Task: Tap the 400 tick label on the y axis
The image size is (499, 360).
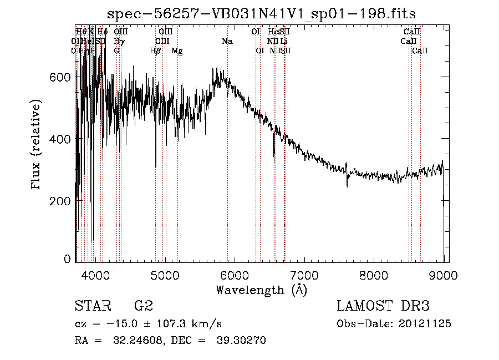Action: tap(62, 139)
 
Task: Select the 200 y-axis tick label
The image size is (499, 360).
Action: tap(62, 200)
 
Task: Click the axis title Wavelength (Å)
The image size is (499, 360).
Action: tap(261, 289)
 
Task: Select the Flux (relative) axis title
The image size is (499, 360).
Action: tap(37, 144)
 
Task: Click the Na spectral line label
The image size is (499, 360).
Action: tap(227, 42)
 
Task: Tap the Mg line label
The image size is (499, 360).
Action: tap(177, 51)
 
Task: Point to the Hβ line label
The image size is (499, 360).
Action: tap(155, 51)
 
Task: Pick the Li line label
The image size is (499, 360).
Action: tap(283, 42)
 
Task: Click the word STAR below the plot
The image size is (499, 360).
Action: tap(91, 306)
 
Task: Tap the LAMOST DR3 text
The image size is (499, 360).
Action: tap(383, 306)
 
